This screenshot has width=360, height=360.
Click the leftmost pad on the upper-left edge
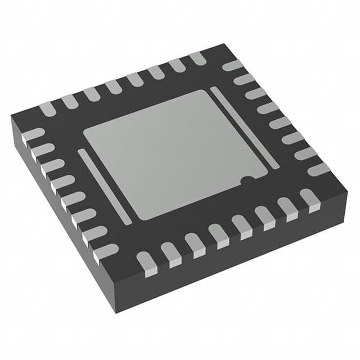(x=48, y=107)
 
